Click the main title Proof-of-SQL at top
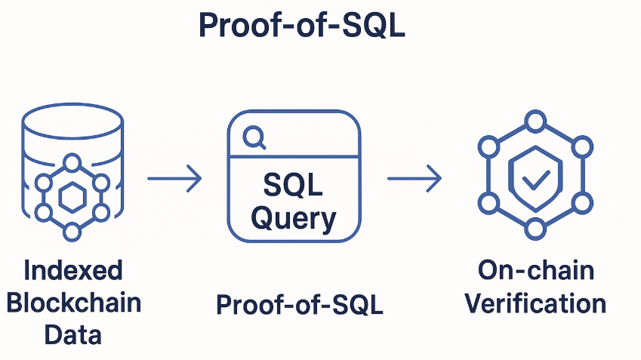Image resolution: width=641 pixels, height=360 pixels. coord(301,26)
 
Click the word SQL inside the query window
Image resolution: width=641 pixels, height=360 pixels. coord(293,185)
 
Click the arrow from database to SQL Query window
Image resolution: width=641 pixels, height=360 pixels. coord(174,179)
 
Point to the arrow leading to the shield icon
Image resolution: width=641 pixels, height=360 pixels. coord(414,179)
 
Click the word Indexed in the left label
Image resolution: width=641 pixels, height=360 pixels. coord(72,270)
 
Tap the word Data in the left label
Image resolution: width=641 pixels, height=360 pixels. coord(72,334)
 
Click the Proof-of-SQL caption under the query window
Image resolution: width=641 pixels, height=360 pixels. coord(299,305)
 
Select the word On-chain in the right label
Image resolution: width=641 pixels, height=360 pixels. coord(535,270)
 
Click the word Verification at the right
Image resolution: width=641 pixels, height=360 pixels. coord(535,303)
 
